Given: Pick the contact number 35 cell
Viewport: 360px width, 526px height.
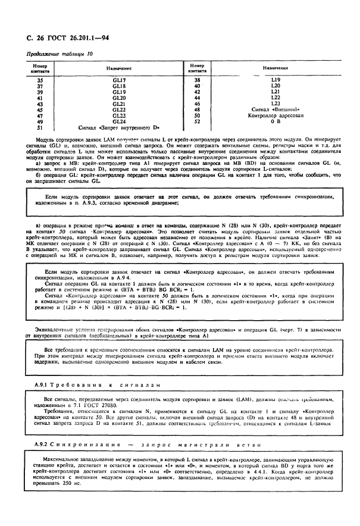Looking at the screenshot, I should [40, 80].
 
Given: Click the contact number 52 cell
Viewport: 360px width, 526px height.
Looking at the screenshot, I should [197, 121].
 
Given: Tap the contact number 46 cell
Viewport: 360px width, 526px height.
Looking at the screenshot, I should [197, 104].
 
